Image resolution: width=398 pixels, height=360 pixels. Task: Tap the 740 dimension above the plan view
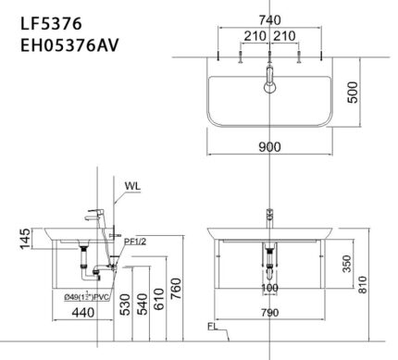[268, 19]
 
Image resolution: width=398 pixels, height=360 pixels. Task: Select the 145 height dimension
[12, 243]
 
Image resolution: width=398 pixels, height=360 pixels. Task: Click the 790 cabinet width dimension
[268, 314]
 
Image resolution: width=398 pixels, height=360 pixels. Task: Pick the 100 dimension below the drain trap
[268, 289]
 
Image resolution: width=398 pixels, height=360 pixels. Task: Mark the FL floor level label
[212, 326]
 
